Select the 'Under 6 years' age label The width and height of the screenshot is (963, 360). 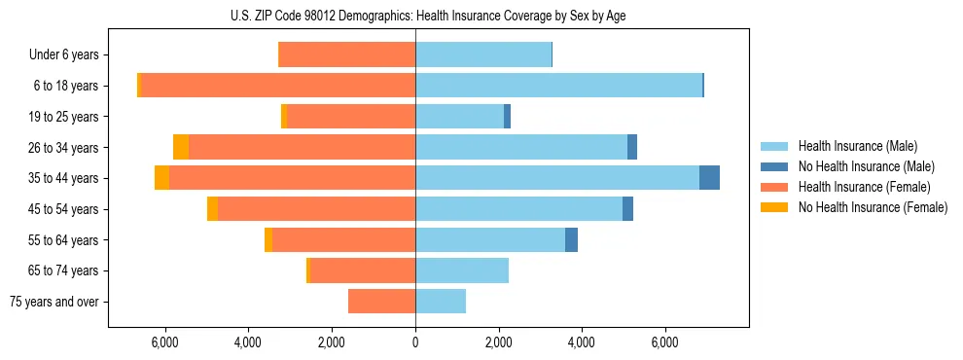pyautogui.click(x=64, y=54)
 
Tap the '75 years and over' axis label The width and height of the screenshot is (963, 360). pyautogui.click(x=54, y=302)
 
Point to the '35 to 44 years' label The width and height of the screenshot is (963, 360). pyautogui.click(x=64, y=178)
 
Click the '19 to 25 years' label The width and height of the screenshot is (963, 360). pyautogui.click(x=64, y=117)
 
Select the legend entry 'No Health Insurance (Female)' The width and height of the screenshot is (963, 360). pyautogui.click(x=873, y=207)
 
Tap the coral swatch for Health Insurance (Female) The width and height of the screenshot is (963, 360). pyautogui.click(x=774, y=187)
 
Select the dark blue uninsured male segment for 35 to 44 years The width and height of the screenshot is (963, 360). pyautogui.click(x=709, y=178)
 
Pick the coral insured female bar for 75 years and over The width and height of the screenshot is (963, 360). pyautogui.click(x=381, y=302)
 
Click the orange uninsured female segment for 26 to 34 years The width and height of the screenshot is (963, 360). pyautogui.click(x=181, y=147)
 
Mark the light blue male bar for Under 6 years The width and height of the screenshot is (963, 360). pyautogui.click(x=483, y=54)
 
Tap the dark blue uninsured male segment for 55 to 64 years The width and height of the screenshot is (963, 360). pyautogui.click(x=571, y=239)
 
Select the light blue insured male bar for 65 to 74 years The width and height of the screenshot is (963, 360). pyautogui.click(x=462, y=270)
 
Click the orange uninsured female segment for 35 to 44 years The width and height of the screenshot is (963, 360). pyautogui.click(x=161, y=178)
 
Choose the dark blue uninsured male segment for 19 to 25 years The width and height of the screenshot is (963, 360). pyautogui.click(x=507, y=117)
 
